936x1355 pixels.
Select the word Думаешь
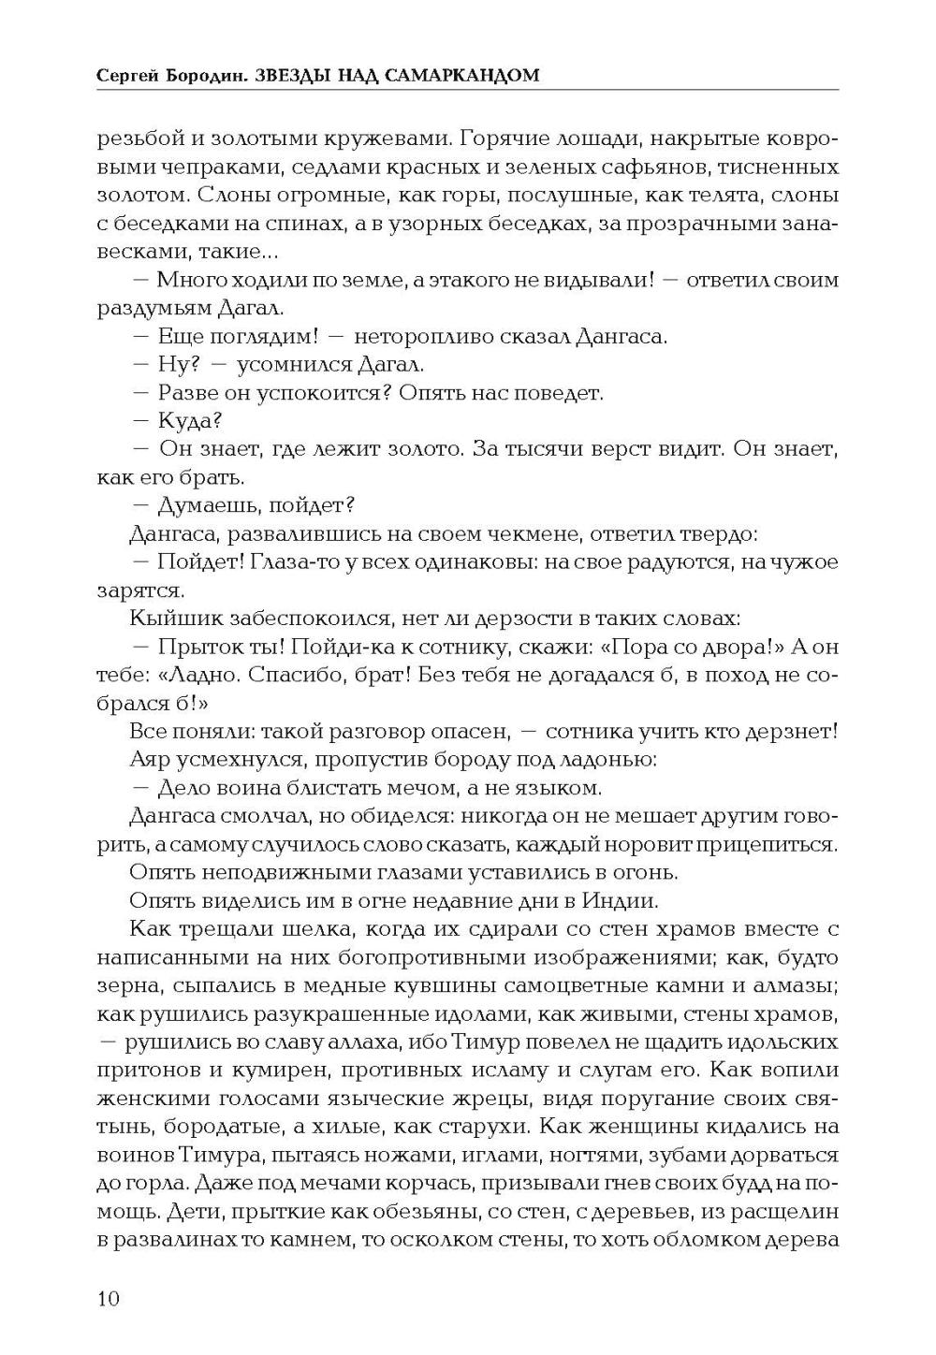pyautogui.click(x=205, y=506)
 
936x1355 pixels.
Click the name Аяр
pyautogui.click(x=150, y=760)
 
